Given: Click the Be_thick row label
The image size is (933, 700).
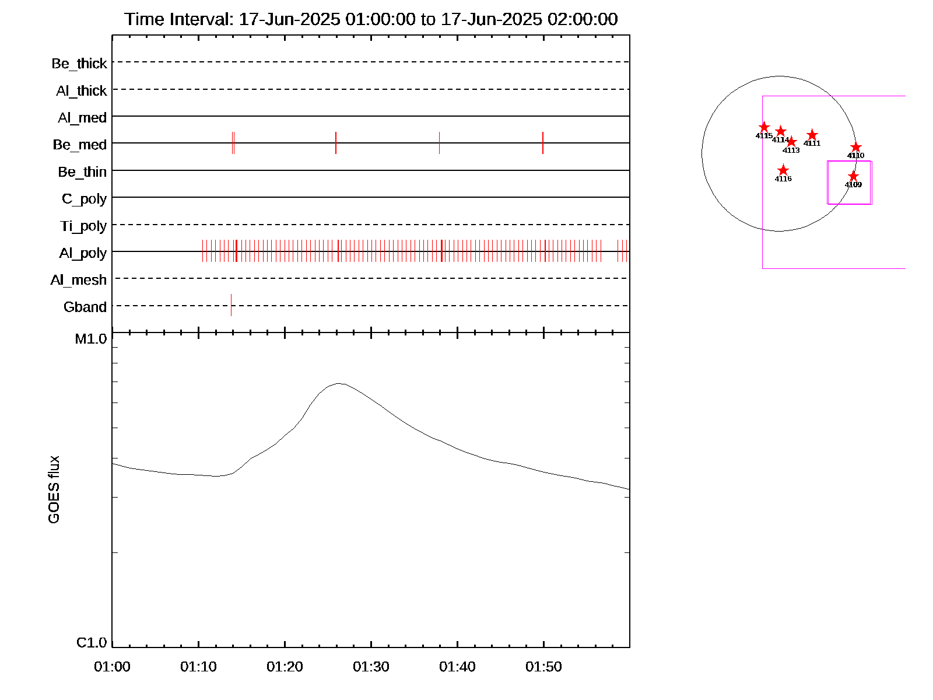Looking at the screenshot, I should pos(79,63).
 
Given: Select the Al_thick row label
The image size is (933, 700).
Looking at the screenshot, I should pos(82,90).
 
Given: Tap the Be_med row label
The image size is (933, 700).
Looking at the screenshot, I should pos(80,144).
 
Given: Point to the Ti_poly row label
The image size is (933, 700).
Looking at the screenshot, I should pos(83,226).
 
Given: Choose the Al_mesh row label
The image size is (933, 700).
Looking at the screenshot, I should pos(79,280).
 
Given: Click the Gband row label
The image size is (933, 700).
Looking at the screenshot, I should pos(85,307).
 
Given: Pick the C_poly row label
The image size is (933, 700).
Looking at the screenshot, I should pos(85,199).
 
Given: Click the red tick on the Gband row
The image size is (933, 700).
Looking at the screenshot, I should pos(231,305).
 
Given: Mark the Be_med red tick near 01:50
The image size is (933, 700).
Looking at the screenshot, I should pos(543,143).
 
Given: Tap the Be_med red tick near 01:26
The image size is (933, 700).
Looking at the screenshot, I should pos(336,143).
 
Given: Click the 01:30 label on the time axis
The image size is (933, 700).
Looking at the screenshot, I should pos(371,666).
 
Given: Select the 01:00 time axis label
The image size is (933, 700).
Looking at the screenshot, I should pos(113,666).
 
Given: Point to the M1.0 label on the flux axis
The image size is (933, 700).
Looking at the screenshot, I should pos(91,338).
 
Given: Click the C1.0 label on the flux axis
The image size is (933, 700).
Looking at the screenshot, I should pos(92,642).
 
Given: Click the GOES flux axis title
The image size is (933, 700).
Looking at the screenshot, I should pos(54,489).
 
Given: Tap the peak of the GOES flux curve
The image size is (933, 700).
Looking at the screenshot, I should pos(339,383).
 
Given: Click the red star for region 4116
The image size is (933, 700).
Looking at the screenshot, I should pos(783,170).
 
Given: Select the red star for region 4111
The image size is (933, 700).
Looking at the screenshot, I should pos(812,135).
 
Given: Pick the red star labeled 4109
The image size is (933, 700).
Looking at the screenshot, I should pos(853,176).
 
